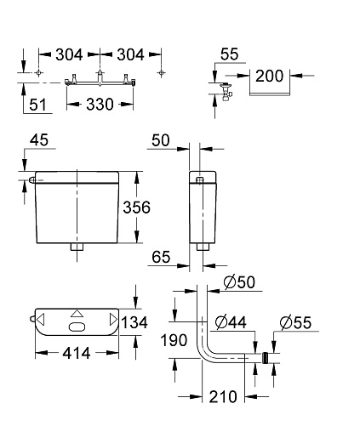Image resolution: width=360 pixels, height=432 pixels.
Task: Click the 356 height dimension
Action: coord(136,207)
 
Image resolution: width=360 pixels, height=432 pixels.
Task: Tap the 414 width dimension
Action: coord(77,353)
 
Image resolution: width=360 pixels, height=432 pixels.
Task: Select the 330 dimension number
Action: coord(100,105)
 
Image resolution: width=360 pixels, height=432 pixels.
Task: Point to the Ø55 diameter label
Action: coord(295,322)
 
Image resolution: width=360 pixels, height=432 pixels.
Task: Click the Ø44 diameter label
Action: coord(231,322)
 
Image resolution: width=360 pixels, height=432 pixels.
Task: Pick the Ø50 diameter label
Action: coord(239,282)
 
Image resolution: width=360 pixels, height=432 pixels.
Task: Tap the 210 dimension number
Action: coord(223,396)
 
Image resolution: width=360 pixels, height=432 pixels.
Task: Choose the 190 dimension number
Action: coord(174,340)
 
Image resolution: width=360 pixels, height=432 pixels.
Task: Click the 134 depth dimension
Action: coord(134,322)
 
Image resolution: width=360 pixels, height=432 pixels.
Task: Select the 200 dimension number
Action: coord(270,76)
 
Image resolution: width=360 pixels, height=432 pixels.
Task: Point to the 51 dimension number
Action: coord(37,105)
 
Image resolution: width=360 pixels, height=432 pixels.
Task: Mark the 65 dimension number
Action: coord(161,257)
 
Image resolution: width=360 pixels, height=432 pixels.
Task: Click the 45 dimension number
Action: coord(39,140)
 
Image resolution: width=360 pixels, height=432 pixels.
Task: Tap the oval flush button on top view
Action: coord(77,327)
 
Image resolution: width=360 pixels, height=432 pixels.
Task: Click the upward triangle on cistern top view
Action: coord(77,314)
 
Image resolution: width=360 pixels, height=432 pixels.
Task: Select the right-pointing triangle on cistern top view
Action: coord(113,320)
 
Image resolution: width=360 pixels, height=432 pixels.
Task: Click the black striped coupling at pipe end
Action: coord(265,358)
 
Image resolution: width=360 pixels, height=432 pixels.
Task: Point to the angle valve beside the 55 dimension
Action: coord(226,91)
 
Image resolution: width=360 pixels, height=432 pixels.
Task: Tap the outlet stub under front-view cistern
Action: coord(77,247)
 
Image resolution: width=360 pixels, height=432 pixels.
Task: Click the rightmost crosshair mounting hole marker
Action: coord(161,73)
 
